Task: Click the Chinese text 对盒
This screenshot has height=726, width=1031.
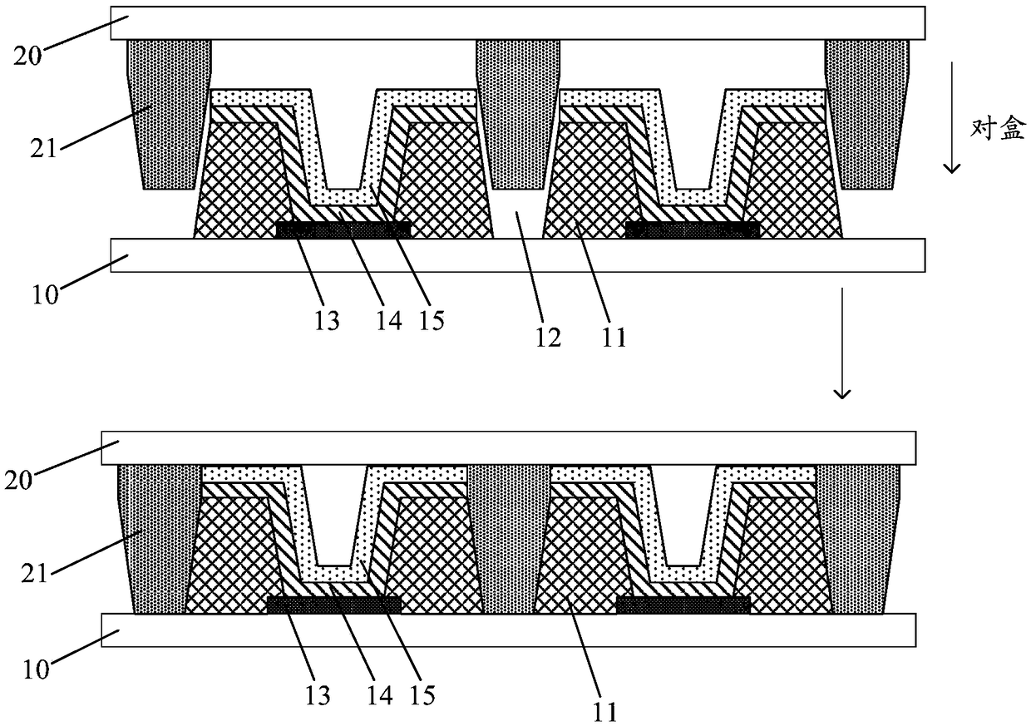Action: (998, 129)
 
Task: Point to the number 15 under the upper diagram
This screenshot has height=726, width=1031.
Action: (431, 319)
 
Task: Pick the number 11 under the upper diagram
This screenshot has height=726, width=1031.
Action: (614, 336)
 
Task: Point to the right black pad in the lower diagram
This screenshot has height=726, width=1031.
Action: (683, 605)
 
